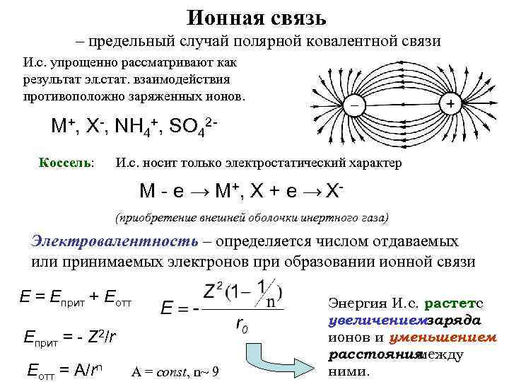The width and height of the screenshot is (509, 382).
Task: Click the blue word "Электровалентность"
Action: point(115,240)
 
